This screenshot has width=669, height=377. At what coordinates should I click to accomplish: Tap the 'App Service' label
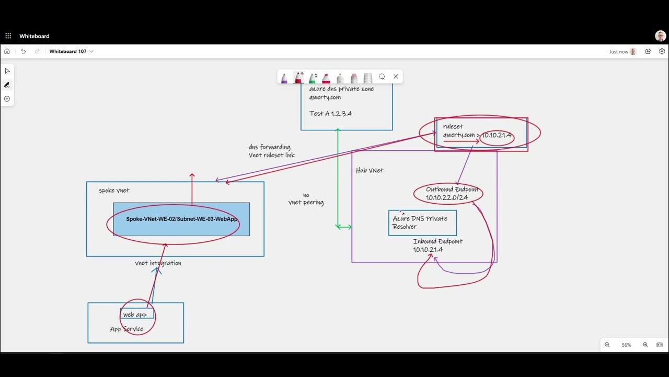[x=126, y=329]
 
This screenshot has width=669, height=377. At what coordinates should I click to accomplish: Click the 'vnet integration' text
[x=158, y=263]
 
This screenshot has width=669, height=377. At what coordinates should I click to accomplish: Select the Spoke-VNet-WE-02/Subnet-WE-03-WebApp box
[x=181, y=219]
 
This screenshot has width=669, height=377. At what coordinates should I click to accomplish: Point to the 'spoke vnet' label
[x=114, y=190]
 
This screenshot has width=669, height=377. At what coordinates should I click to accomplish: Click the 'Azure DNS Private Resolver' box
[x=422, y=223]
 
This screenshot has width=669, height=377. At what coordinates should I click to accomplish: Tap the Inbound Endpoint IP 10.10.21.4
[x=428, y=250]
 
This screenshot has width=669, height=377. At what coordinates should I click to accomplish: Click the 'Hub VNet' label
[x=369, y=170]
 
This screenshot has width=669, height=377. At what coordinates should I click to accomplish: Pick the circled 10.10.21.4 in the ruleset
[x=497, y=136]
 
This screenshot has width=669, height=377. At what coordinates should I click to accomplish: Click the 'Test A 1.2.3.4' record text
[x=330, y=113]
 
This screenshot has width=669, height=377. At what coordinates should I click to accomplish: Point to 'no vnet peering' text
[x=306, y=199]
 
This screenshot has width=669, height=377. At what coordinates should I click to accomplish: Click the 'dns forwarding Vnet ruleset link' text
[x=271, y=151]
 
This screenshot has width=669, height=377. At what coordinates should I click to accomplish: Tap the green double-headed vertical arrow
[x=338, y=178]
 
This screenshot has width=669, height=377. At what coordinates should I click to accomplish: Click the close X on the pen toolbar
[x=396, y=76]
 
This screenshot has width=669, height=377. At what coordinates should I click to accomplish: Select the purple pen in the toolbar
[x=284, y=78]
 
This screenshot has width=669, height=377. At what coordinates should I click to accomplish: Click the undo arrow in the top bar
[x=23, y=51]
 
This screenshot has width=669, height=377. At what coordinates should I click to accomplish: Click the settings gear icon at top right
[x=662, y=51]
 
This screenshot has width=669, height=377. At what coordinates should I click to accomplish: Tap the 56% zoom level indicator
[x=626, y=345]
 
